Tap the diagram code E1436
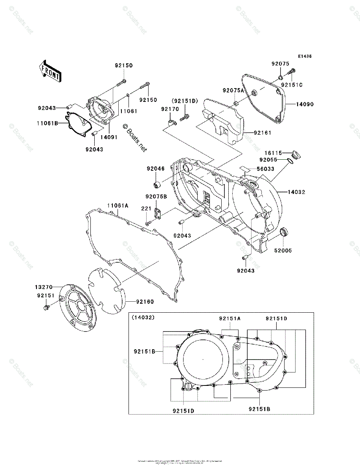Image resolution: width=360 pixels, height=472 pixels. [305, 57]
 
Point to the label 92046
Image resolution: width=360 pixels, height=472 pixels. [156, 169]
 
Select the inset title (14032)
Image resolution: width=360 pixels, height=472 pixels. [143, 317]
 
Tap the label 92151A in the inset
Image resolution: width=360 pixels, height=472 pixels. [230, 319]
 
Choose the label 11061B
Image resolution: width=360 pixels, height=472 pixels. [48, 123]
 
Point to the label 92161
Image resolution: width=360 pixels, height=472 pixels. [263, 133]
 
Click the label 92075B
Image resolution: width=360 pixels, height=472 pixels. [156, 196]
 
